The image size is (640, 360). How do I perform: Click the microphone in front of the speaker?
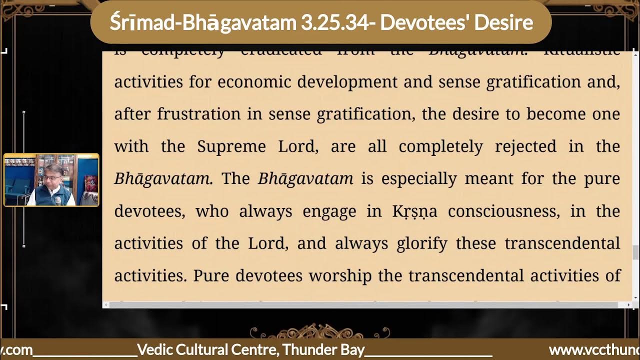(x=57, y=200)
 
